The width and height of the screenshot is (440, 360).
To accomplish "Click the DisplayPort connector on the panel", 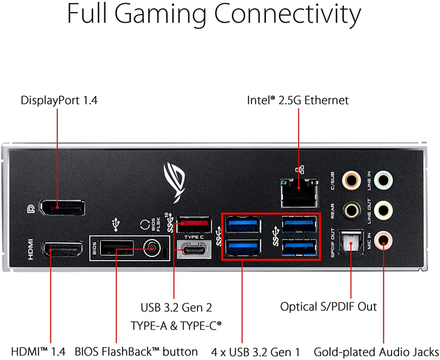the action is point(62,207).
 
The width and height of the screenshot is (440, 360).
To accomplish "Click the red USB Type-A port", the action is point(194,224).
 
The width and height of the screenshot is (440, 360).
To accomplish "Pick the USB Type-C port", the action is point(194,249).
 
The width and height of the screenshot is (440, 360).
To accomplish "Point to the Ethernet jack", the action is point(299,193).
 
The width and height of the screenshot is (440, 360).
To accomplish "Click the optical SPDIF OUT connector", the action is point(351,243).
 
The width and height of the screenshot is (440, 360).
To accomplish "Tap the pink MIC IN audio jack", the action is point(383,240).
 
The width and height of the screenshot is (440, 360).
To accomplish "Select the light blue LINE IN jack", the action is point(383,180).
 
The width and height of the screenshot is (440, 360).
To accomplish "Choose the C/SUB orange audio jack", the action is point(351,180).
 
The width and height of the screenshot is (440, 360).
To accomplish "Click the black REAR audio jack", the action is point(351,210).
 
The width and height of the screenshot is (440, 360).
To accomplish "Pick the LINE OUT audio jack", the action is point(383,210).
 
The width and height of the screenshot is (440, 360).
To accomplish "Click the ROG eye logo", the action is point(174,183).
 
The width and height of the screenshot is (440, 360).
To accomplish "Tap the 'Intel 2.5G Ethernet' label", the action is point(298,100).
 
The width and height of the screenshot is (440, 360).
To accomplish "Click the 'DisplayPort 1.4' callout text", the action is point(59,101).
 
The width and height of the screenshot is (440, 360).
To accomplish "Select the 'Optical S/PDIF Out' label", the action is point(328,307).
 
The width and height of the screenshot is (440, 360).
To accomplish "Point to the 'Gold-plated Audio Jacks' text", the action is point(376,352).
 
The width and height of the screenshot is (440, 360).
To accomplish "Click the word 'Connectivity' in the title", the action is point(288,14).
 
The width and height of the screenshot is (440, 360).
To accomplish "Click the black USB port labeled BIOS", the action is point(117,248).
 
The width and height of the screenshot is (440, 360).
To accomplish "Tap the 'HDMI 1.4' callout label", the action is point(38,352).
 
